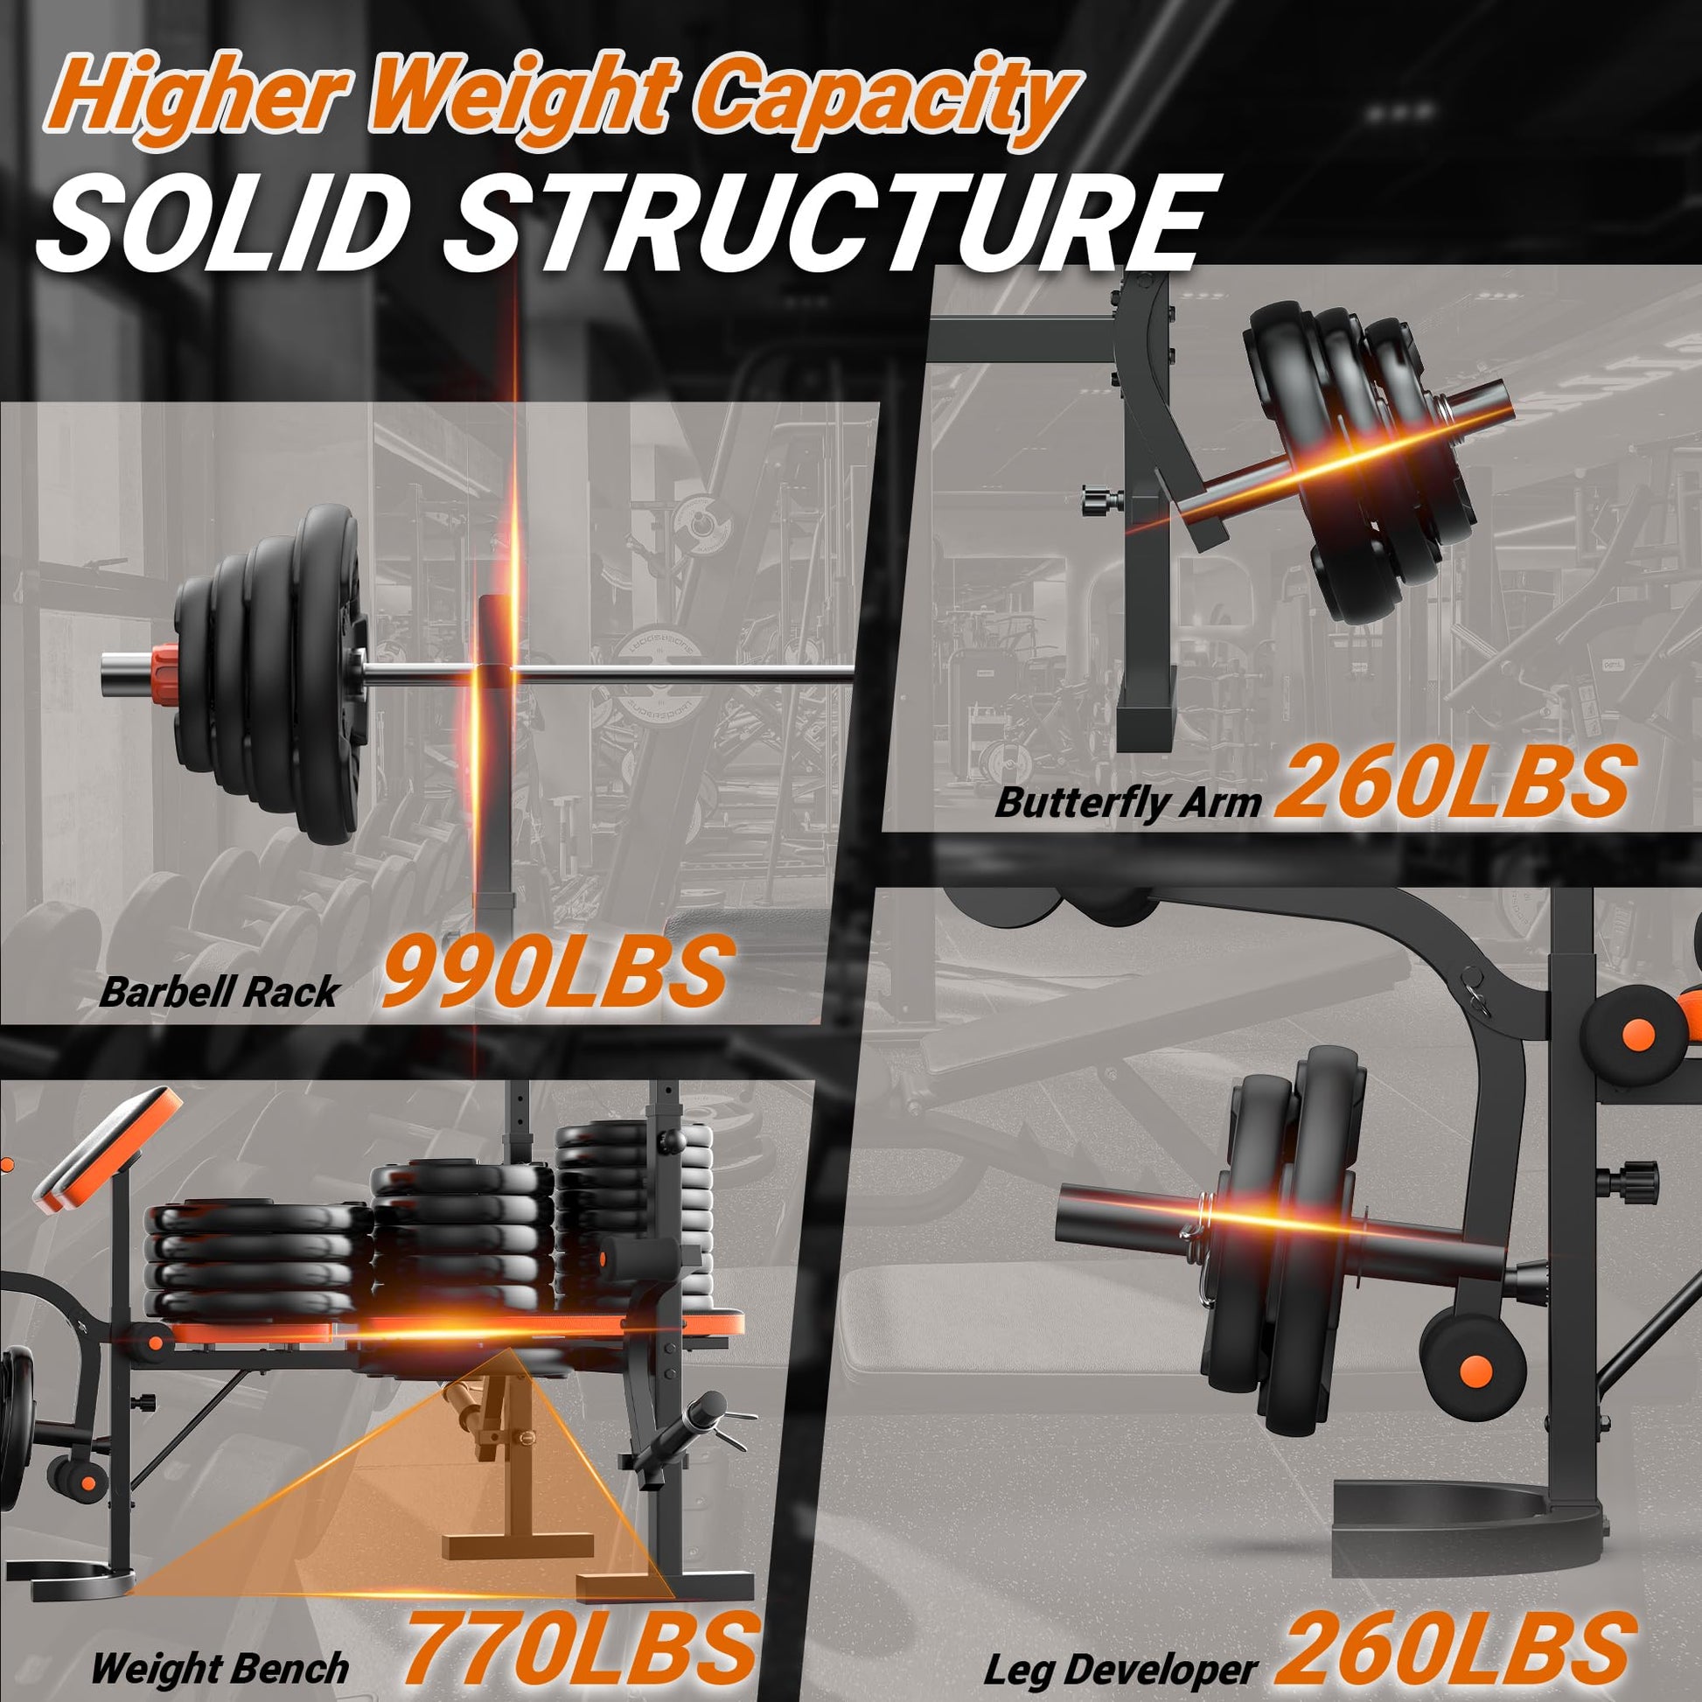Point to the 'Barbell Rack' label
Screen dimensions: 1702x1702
(x=218, y=992)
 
